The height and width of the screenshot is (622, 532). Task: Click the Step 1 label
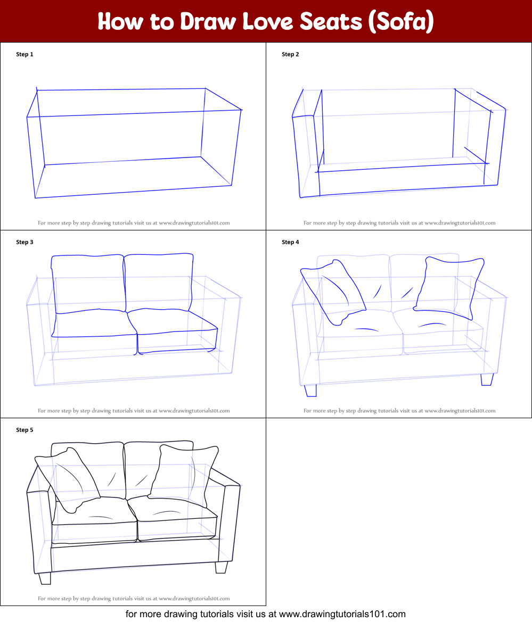24,54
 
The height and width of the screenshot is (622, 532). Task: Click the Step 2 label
290,54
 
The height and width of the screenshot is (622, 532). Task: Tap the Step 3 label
24,242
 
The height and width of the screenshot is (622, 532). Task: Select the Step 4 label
290,242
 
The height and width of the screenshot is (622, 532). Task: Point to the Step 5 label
24,430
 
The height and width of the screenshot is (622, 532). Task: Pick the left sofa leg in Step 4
310,391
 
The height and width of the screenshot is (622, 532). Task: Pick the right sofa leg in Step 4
486,379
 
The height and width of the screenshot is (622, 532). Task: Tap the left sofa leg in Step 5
45,578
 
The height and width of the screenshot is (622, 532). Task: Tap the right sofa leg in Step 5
221,567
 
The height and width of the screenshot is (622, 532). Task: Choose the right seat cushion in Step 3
173,330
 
